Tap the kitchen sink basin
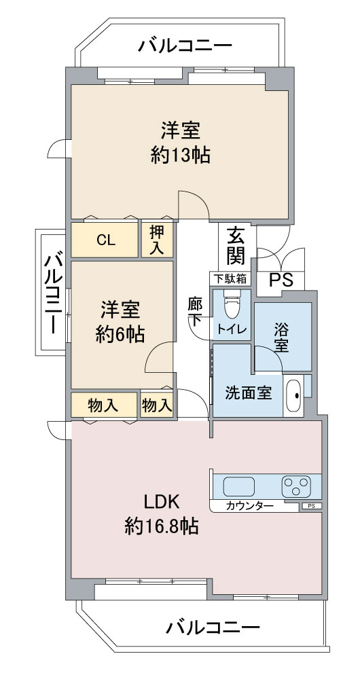click(x=238, y=487)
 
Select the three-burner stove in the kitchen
click(x=297, y=487)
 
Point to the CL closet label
click(x=106, y=240)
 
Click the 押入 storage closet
click(x=158, y=240)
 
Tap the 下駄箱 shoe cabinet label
click(x=230, y=279)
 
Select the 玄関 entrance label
click(x=236, y=247)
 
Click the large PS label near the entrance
click(x=281, y=280)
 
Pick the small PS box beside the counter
click(x=312, y=506)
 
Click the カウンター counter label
click(x=249, y=507)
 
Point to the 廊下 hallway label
click(x=194, y=311)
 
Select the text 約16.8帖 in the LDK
click(x=162, y=526)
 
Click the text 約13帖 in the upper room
click(x=180, y=155)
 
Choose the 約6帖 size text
click(x=120, y=333)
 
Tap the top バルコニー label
click(x=185, y=45)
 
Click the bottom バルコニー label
click(x=213, y=628)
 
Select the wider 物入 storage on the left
click(x=103, y=405)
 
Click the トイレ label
click(x=232, y=329)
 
